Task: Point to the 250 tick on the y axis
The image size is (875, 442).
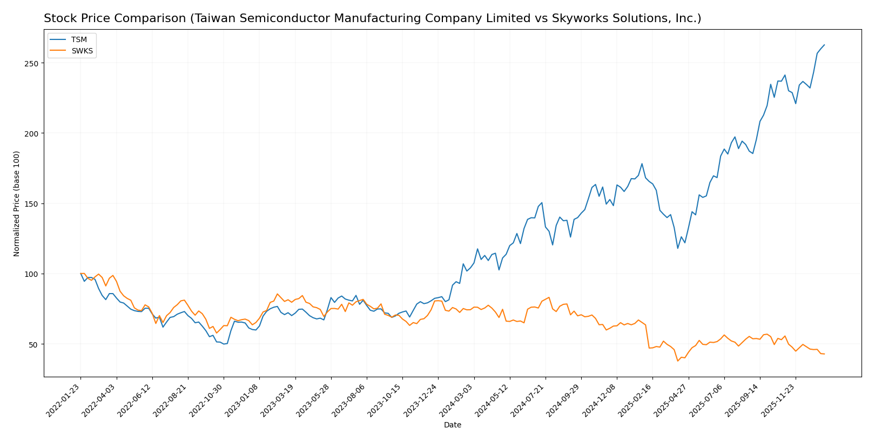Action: (30, 63)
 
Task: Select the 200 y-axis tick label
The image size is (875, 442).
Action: (30, 133)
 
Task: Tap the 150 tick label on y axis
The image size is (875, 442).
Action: (30, 204)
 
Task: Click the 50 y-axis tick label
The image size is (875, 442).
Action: (32, 344)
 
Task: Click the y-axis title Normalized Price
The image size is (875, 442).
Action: (17, 203)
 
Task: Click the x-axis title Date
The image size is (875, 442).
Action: (452, 425)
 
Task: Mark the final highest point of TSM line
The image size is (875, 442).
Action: (824, 45)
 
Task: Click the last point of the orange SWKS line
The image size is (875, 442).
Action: (824, 354)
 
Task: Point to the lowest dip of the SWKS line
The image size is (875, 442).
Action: (677, 361)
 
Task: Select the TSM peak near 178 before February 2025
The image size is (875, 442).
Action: (642, 164)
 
